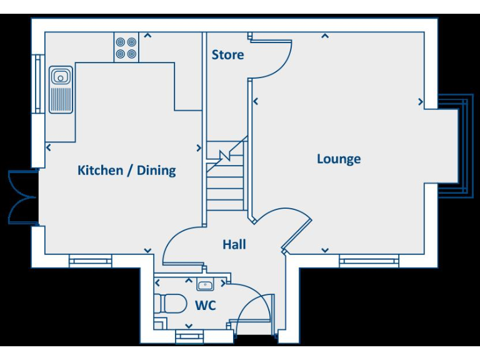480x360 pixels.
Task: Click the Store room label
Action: pos(227,55)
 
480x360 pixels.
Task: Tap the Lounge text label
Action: pos(338,159)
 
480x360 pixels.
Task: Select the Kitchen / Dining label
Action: pos(126,170)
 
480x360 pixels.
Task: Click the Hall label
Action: pos(234,244)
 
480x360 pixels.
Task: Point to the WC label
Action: pos(205,306)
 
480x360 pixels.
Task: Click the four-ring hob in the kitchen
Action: pos(126,48)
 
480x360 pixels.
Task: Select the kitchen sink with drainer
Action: pos(61,91)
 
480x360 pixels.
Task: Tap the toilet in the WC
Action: pos(171,304)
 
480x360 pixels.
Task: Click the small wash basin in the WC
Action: pos(204,285)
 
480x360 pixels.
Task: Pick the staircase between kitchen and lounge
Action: pos(226,175)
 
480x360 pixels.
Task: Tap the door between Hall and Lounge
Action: pos(291,228)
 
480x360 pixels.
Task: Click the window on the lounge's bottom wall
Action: pos(369,261)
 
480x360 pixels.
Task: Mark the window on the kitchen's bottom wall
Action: pos(90,261)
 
